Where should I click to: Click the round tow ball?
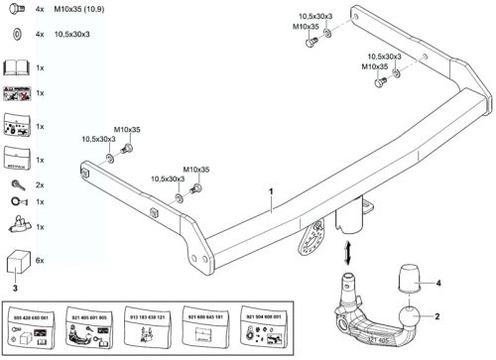point(410,318)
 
